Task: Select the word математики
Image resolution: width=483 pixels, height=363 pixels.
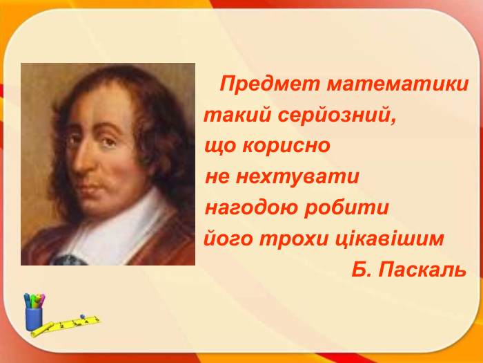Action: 398,85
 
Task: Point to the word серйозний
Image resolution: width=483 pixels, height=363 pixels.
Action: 337,115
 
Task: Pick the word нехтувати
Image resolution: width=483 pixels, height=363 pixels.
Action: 297,177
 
